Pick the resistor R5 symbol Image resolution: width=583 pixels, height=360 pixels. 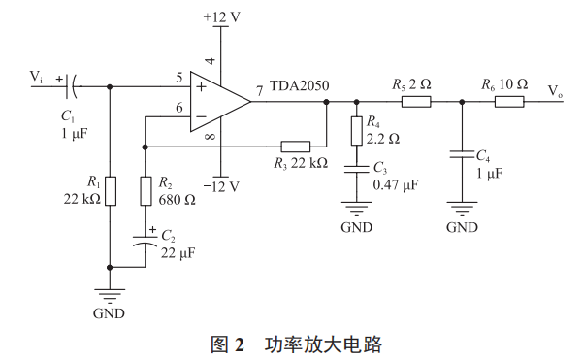(x=415, y=100)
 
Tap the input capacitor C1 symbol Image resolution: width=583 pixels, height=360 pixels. (x=71, y=86)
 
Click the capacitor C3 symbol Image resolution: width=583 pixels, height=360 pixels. (x=357, y=168)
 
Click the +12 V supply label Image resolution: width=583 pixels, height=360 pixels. (x=222, y=18)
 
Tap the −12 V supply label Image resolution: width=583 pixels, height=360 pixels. (x=221, y=186)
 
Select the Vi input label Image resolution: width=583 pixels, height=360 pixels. (x=36, y=76)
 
